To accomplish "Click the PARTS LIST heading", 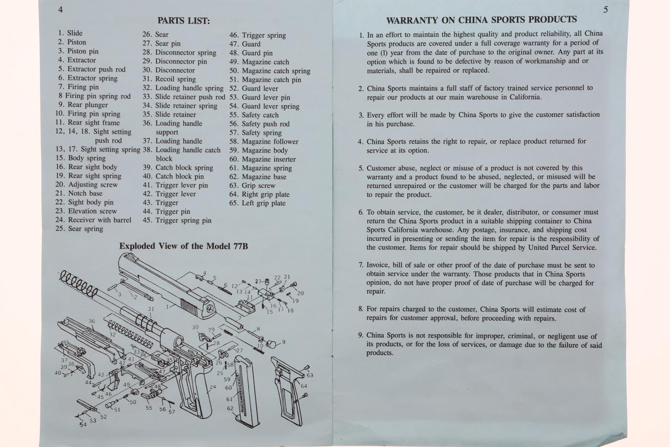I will coord(184,21).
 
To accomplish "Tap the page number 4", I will coord(60,9).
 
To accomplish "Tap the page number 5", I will coord(605,10).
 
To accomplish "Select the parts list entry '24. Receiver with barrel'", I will coord(93,220).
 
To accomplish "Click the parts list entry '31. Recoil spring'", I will coord(169,79).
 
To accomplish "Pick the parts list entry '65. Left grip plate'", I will coord(257,203).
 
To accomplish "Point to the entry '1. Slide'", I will coord(70,33).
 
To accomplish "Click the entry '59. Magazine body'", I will coord(259,150).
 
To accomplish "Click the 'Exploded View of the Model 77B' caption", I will coord(183,246).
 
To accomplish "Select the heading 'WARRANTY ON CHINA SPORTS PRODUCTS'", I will coord(481,20).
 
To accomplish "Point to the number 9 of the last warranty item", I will coord(360,336).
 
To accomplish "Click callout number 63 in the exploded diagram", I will coord(310,375).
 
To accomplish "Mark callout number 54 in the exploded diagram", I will coord(83,425).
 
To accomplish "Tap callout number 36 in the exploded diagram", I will coord(92,321).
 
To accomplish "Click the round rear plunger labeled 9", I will coord(271,343).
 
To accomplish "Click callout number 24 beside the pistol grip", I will coord(213,387).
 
